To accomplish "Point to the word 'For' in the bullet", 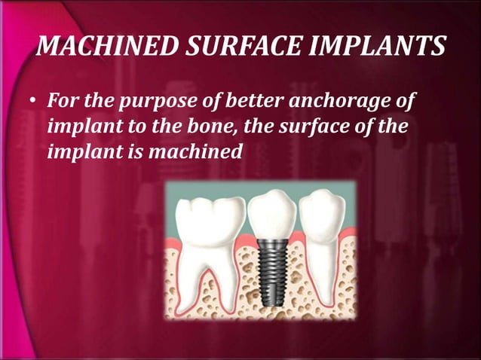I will pos(61,101).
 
